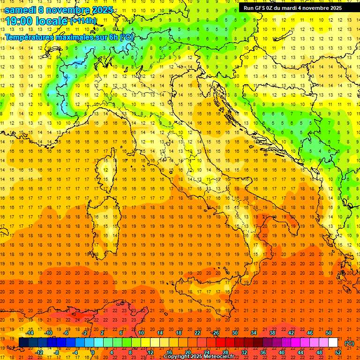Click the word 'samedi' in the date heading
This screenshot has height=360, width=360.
[x=21, y=10]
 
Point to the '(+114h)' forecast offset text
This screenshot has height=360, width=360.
[x=83, y=21]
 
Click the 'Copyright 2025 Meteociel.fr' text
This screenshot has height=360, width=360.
[x=199, y=357]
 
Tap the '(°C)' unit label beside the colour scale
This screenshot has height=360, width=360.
[x=349, y=343]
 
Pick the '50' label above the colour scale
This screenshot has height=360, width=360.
[x=329, y=333]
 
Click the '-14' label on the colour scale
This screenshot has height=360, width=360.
[x=30, y=333]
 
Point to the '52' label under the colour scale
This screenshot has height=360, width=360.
[x=338, y=352]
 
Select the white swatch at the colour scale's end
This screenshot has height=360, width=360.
[x=333, y=342]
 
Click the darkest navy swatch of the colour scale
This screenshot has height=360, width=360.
[x=23, y=342]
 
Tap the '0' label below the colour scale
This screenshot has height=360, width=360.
[x=92, y=352]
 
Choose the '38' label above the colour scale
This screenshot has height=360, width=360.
[x=272, y=333]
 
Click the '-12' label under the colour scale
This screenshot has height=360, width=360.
[x=39, y=352]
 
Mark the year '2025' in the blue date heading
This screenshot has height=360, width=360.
[x=99, y=10]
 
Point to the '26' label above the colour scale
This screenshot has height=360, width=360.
[x=216, y=333]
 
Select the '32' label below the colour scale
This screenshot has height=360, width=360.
[x=244, y=352]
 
